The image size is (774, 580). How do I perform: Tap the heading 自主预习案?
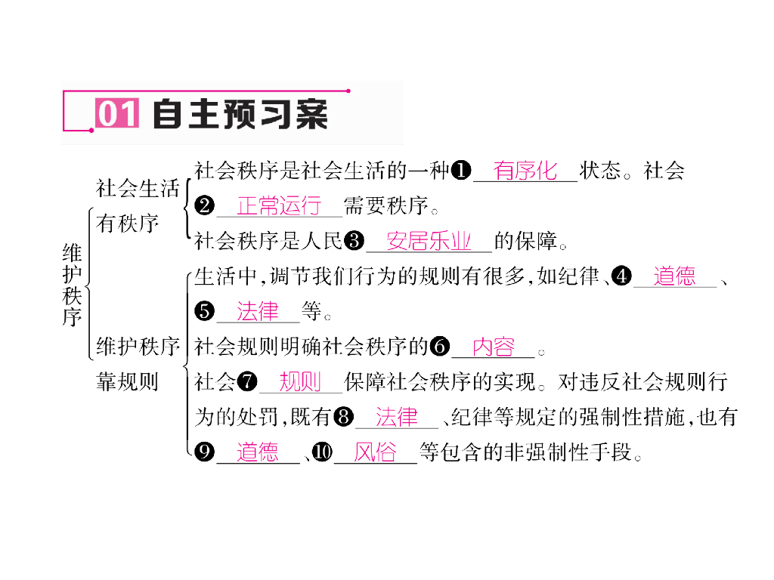[x=240, y=115]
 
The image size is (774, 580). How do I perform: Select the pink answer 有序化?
[x=525, y=171]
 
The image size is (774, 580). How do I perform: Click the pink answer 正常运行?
[x=279, y=205]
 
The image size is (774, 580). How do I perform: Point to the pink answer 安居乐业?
[x=429, y=242]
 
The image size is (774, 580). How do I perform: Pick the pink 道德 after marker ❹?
[x=674, y=276]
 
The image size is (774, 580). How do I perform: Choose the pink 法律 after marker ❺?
[x=258, y=311]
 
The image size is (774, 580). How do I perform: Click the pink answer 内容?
[x=493, y=347]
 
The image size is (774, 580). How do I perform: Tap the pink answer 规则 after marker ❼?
[x=300, y=382]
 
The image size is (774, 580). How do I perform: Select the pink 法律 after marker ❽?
[x=396, y=417]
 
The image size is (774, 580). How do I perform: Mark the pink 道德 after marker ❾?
[x=258, y=452]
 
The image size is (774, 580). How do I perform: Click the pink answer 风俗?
[x=375, y=452]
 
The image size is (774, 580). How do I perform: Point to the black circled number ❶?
[x=460, y=171]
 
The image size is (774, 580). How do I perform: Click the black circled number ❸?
[x=354, y=242]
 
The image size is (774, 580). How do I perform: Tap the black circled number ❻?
[x=439, y=347]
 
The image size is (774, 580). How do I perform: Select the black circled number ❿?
[x=322, y=452]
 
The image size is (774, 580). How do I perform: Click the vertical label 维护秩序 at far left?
[x=72, y=284]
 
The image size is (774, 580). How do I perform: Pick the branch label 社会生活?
[x=138, y=187]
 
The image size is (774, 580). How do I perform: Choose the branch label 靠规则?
[x=127, y=382]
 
